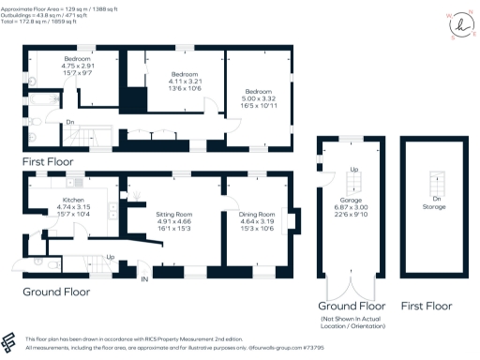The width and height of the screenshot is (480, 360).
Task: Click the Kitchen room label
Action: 74,201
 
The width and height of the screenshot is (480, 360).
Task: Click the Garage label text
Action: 352,199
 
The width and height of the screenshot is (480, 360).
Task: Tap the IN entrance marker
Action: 144,279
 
